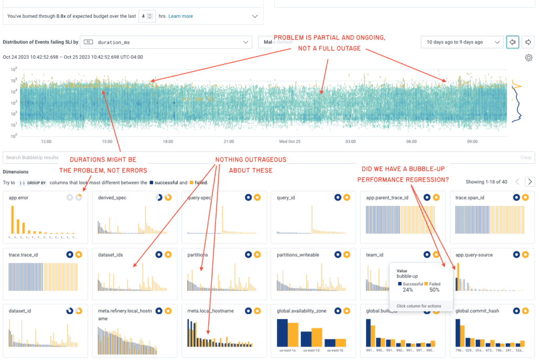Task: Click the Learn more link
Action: point(180,16)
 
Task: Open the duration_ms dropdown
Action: point(168,42)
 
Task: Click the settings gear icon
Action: point(529,58)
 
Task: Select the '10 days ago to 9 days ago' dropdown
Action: point(461,42)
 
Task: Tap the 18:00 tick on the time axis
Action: point(168,142)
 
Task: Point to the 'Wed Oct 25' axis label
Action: point(290,142)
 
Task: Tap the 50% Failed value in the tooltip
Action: point(435,290)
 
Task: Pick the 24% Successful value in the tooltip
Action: point(407,290)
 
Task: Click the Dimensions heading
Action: point(16,172)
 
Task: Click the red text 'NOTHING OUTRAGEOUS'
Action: point(251,160)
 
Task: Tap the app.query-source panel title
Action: point(474,255)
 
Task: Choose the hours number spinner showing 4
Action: point(147,16)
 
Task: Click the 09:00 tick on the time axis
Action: point(472,142)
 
